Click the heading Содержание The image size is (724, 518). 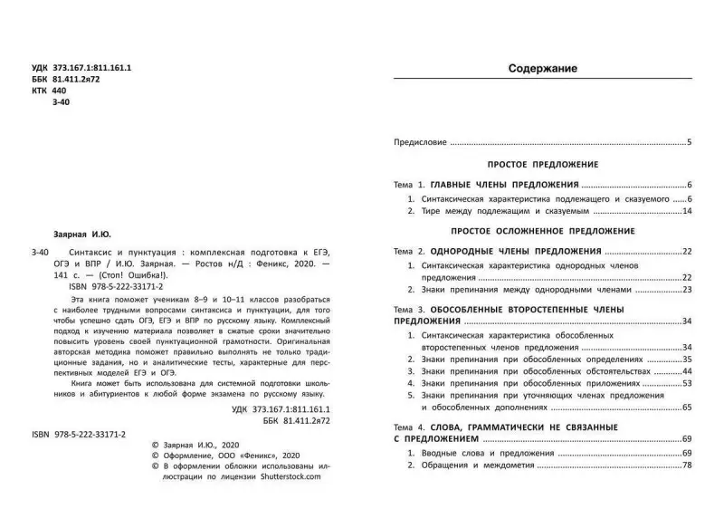543,69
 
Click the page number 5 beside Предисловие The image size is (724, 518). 689,142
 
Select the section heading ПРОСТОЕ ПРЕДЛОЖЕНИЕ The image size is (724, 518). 543,165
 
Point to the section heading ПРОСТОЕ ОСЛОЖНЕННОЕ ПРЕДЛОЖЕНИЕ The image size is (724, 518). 543,231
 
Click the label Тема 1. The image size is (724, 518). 409,184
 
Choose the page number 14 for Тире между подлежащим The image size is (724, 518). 687,211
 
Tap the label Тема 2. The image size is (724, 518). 409,250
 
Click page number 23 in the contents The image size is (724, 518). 687,290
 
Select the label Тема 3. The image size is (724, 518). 409,310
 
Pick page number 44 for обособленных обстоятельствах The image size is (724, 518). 687,371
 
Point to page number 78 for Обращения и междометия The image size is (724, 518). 687,465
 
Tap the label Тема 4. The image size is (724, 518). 409,427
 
